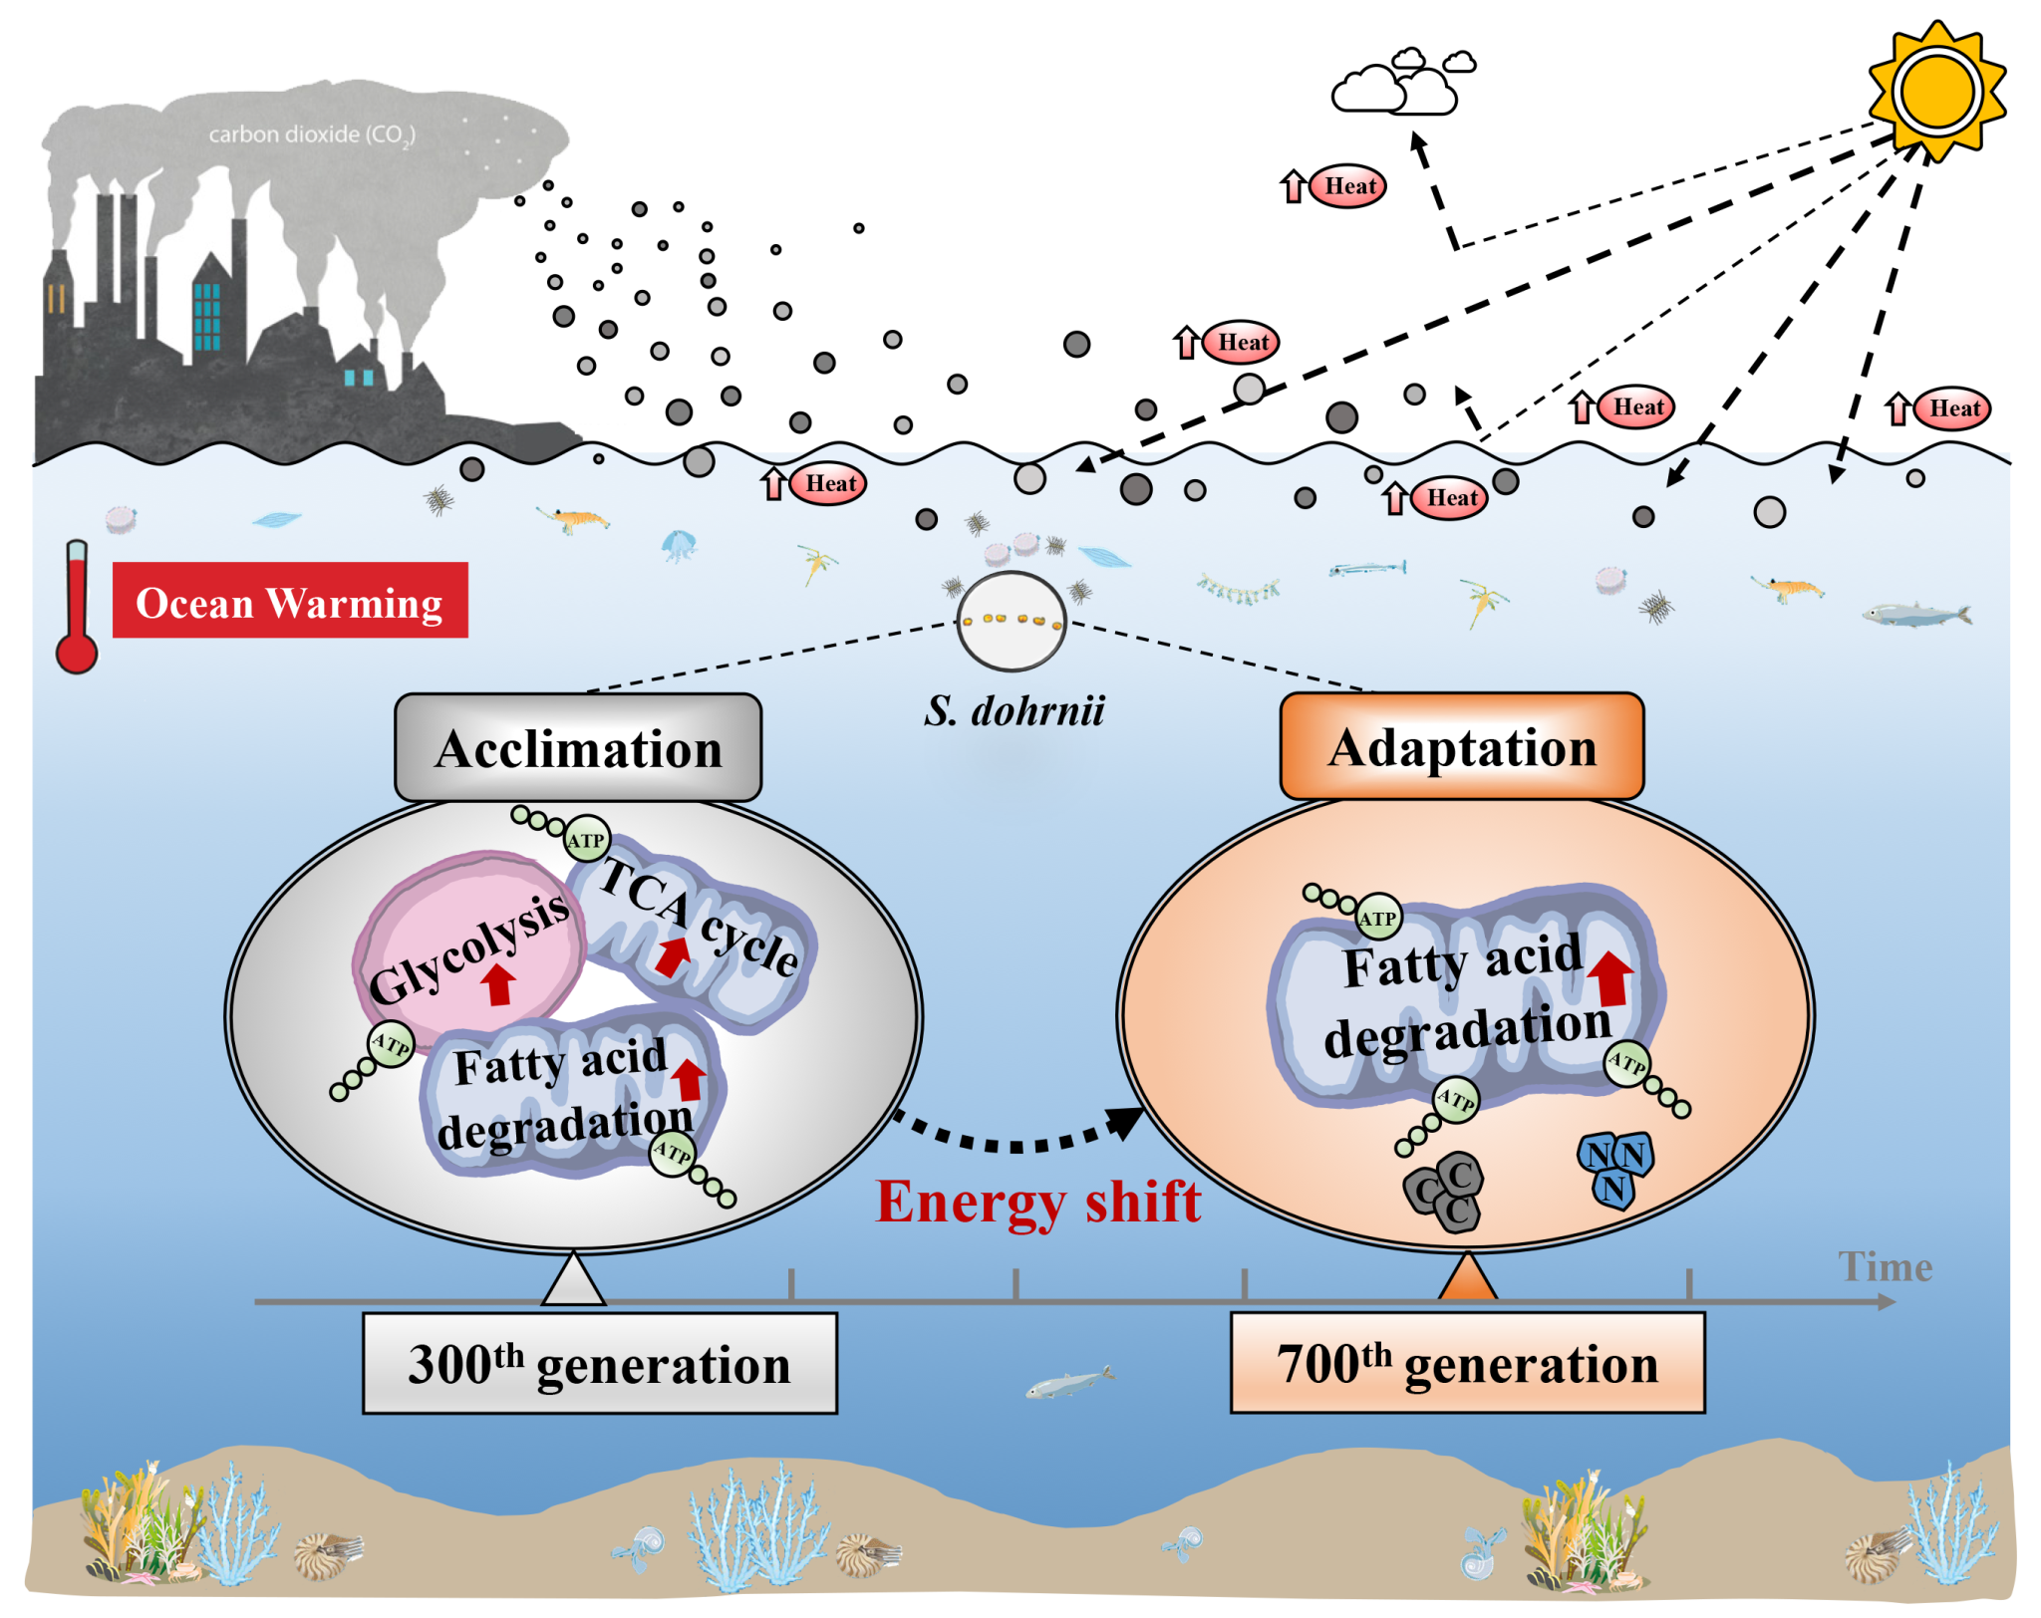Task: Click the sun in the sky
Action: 1936,90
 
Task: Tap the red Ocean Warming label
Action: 289,601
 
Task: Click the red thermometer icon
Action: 77,608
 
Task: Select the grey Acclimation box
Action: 578,748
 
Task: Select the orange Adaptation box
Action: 1462,747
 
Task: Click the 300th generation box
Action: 599,1363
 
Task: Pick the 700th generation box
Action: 1467,1363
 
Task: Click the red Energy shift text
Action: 1037,1202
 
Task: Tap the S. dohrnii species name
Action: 1014,711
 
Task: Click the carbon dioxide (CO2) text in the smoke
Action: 311,135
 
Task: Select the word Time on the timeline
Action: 1885,1267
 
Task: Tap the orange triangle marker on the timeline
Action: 1467,1279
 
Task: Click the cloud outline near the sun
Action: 1400,84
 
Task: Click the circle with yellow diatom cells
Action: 1011,621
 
